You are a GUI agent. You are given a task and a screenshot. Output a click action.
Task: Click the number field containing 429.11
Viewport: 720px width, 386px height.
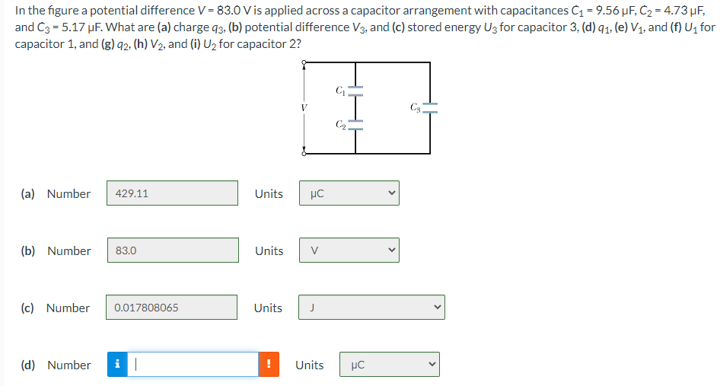pos(172,193)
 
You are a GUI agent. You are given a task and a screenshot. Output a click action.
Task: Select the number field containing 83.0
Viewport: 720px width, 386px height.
pos(172,250)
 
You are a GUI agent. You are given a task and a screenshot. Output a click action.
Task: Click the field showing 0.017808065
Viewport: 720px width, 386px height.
pos(172,308)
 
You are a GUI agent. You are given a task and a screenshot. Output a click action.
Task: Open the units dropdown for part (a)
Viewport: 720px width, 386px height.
pos(349,193)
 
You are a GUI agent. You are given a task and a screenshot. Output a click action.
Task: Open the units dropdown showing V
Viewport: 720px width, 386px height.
pos(349,250)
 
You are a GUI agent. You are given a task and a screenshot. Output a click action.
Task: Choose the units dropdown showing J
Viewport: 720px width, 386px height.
pos(371,308)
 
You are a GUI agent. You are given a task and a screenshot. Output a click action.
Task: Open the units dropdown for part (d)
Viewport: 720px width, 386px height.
pos(390,365)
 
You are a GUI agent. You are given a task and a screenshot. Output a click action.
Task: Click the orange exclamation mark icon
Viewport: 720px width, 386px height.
pos(268,365)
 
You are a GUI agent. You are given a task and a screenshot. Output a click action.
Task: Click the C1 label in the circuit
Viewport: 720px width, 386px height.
pos(339,91)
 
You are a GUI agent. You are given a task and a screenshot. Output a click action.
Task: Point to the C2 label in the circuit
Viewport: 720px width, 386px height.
pos(339,124)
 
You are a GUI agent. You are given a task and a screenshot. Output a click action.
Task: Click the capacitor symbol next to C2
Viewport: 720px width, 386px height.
pos(355,124)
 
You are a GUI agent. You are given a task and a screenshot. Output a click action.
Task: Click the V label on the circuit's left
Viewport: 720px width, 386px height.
pos(303,108)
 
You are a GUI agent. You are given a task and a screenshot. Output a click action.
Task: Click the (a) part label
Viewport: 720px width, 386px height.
pos(27,193)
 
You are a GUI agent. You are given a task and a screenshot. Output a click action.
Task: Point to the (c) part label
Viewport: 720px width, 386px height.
pos(27,308)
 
